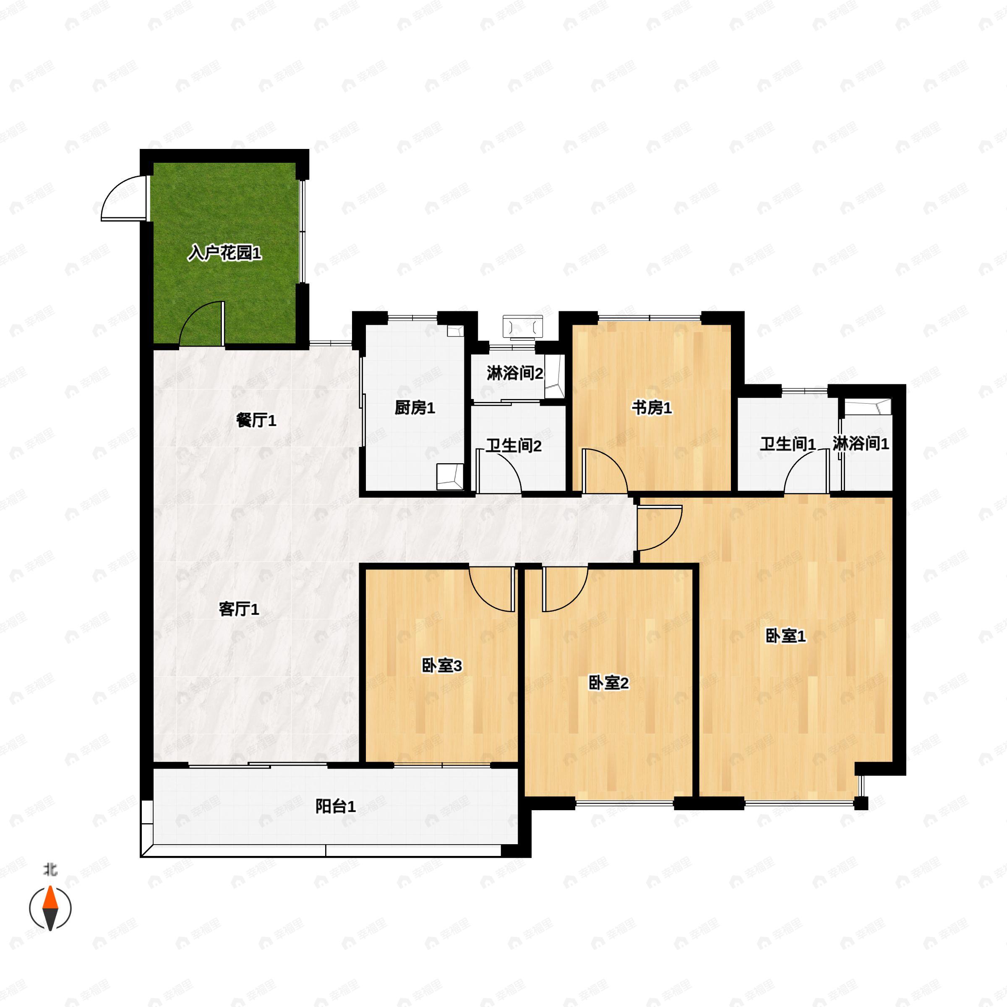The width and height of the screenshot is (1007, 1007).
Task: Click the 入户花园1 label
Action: pos(224,254)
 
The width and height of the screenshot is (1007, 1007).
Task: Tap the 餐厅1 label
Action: pos(256,420)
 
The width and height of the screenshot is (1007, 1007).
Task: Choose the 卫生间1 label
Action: pos(788,444)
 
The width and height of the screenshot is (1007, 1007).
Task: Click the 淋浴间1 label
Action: pos(861,443)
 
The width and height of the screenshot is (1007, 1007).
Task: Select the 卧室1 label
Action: pos(785,636)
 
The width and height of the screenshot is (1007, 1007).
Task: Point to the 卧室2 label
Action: pos(608,683)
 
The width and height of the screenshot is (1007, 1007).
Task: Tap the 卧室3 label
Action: pos(441,665)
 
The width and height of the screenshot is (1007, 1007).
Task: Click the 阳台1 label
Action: pos(336,806)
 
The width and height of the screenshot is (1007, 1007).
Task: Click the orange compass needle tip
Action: pos(50,887)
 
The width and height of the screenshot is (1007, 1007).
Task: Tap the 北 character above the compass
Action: pos(50,870)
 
